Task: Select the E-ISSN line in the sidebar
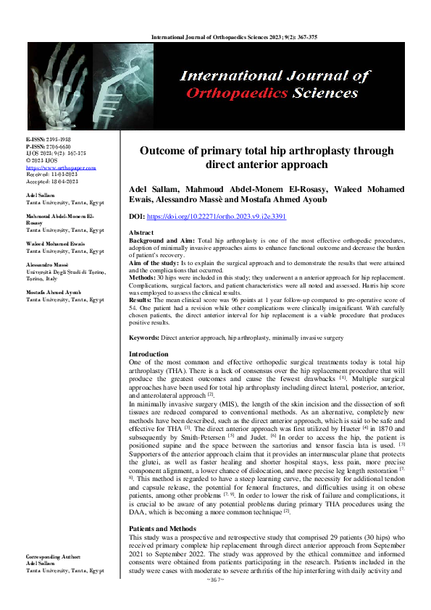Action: tap(49, 138)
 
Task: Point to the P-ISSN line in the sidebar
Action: tap(49, 146)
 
